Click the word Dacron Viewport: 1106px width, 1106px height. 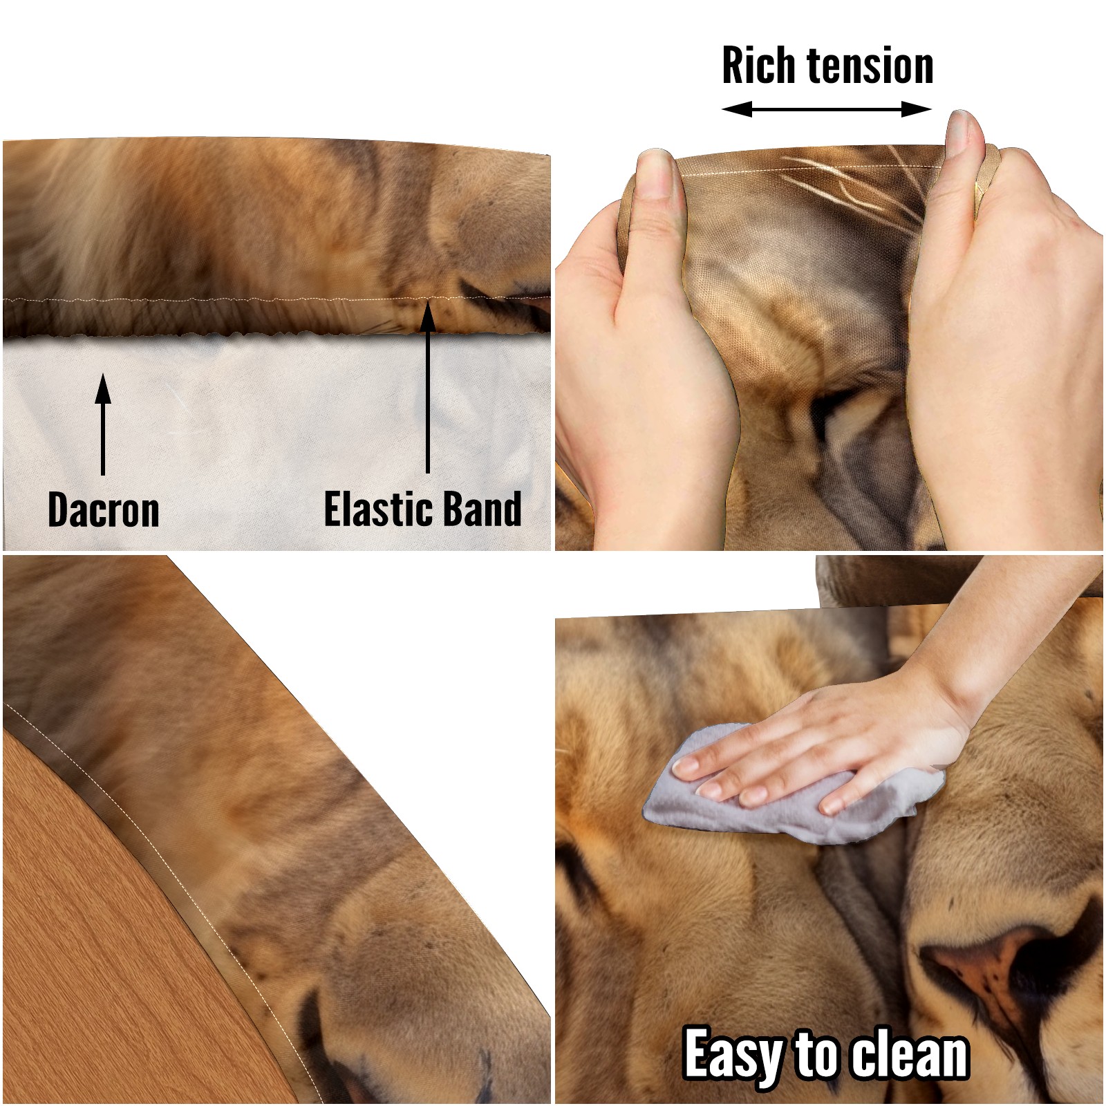[104, 510]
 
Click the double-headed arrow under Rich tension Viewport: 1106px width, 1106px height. [827, 109]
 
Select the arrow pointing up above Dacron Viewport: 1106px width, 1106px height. [103, 424]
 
